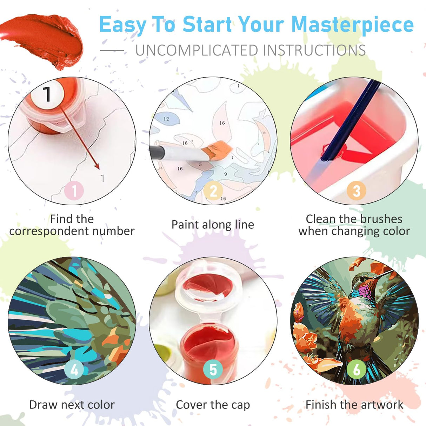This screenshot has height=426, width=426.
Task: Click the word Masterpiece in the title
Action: [352, 25]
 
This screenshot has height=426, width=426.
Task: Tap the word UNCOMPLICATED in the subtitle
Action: [197, 51]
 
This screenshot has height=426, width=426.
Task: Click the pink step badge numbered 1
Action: [74, 191]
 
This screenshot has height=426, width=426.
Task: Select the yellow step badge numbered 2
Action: [213, 191]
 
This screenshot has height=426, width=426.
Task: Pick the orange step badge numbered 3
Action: [356, 191]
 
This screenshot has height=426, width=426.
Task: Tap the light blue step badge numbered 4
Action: [74, 370]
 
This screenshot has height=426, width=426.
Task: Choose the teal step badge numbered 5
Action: [213, 370]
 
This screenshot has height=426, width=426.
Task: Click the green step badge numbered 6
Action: [357, 370]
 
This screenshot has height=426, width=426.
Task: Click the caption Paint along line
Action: [213, 225]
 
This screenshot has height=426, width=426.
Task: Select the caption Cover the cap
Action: [213, 405]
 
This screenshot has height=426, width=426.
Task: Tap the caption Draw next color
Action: [72, 405]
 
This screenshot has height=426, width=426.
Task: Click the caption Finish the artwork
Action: [354, 405]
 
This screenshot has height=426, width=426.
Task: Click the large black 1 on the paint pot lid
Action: [47, 94]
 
